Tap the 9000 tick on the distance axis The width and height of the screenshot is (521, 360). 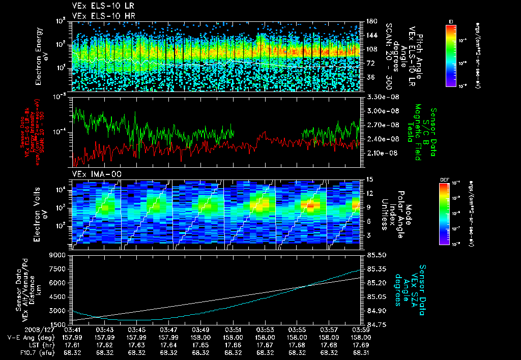click(x=62, y=255)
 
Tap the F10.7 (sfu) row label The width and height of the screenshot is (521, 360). click(x=22, y=352)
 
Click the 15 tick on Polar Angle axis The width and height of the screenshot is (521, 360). click(x=369, y=179)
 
